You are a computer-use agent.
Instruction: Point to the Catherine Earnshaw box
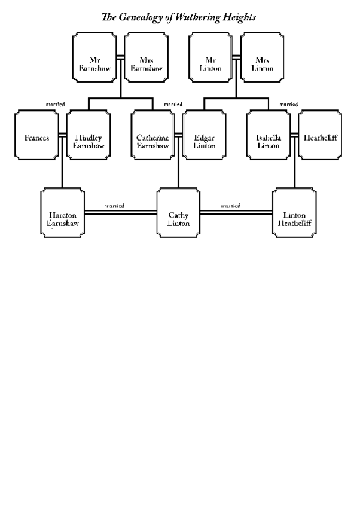pyautogui.click(x=152, y=135)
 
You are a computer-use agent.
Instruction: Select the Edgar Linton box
pyautogui.click(x=204, y=135)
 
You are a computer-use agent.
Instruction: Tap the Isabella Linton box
pyautogui.click(x=268, y=135)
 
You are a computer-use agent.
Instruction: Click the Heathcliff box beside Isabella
pyautogui.click(x=320, y=135)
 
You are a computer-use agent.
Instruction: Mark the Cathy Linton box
pyautogui.click(x=178, y=213)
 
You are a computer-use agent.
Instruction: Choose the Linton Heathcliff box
pyautogui.click(x=294, y=213)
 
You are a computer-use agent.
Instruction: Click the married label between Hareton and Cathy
pyautogui.click(x=114, y=206)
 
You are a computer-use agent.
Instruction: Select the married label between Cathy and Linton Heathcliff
pyautogui.click(x=231, y=206)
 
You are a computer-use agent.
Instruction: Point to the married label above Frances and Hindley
pyautogui.click(x=55, y=104)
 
